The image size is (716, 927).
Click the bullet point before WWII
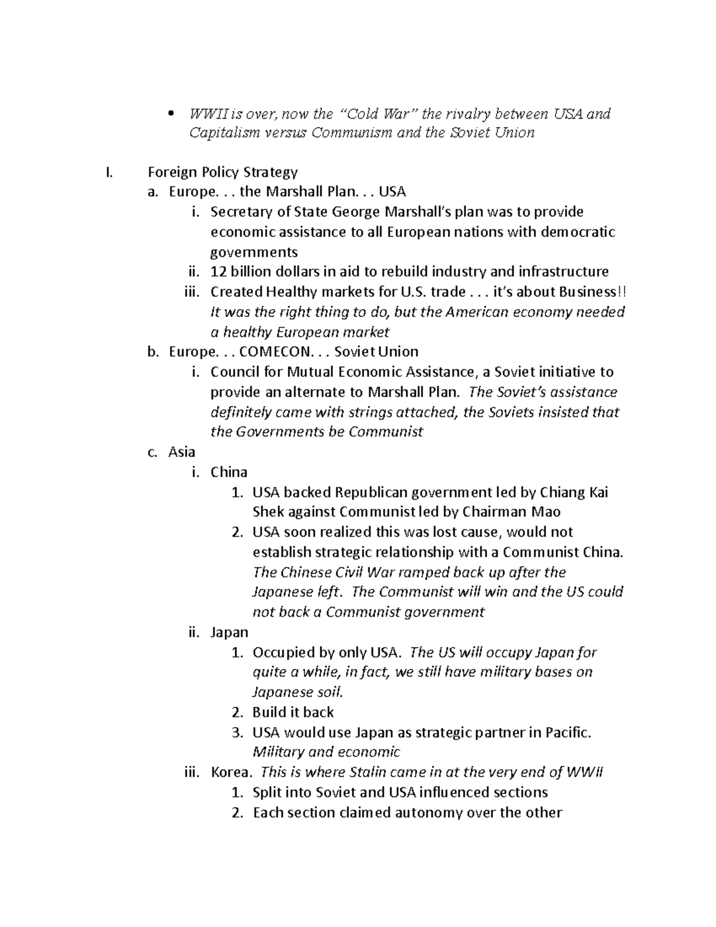[171, 114]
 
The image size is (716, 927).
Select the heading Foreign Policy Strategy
[223, 173]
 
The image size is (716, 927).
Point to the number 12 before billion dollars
[218, 272]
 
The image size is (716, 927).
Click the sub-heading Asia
[182, 452]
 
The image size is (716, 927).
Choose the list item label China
[229, 472]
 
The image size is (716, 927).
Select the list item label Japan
[229, 632]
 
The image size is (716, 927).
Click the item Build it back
[293, 712]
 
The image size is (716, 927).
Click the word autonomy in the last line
[427, 812]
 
